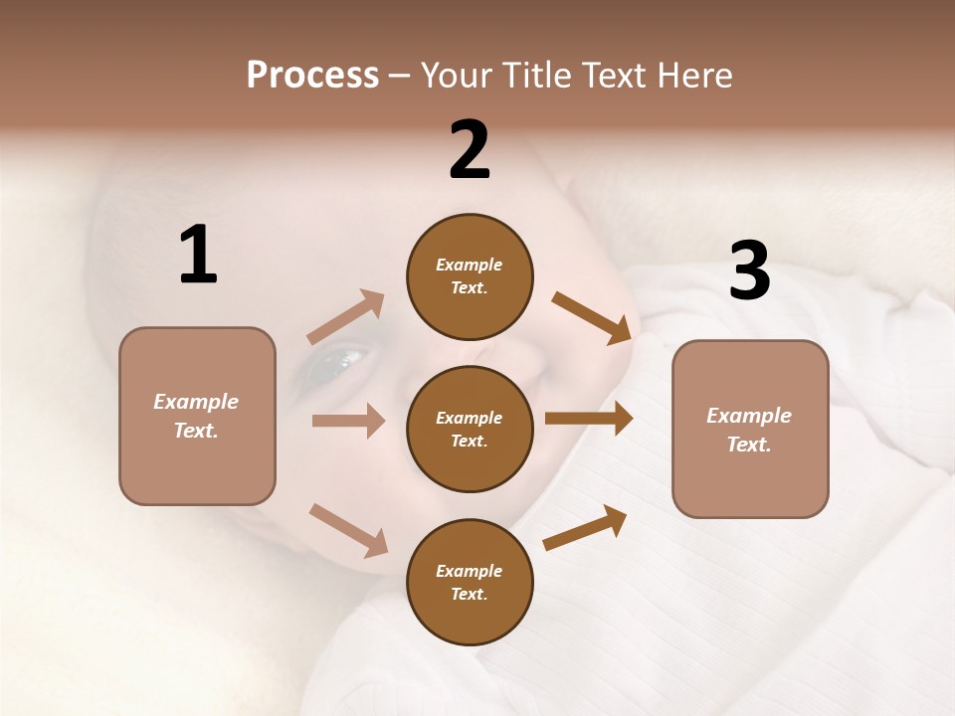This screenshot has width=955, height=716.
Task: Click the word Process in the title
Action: [x=312, y=76]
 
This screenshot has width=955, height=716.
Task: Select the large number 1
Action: [x=198, y=256]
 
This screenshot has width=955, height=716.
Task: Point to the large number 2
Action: [x=470, y=150]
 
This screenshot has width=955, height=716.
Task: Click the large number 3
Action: [x=749, y=271]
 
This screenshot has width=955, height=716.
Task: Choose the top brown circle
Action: [x=470, y=276]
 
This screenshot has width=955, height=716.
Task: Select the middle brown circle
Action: [x=470, y=429]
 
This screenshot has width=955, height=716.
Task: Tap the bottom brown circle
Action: [x=470, y=582]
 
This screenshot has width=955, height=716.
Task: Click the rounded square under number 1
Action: [x=197, y=416]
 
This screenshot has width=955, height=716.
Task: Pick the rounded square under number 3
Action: [x=750, y=429]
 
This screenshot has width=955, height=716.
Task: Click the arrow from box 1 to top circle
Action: [x=345, y=317]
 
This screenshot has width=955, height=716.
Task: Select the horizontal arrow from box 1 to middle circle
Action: [x=348, y=421]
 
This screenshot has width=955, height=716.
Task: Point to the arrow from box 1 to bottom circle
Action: [x=348, y=530]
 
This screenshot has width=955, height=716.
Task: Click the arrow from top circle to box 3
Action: [x=592, y=318]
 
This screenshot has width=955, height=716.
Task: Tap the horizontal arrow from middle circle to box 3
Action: [x=589, y=419]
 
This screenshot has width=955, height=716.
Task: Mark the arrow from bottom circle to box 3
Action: [x=585, y=527]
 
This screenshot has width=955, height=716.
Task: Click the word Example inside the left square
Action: [x=196, y=402]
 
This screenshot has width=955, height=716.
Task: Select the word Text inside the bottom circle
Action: [x=469, y=594]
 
